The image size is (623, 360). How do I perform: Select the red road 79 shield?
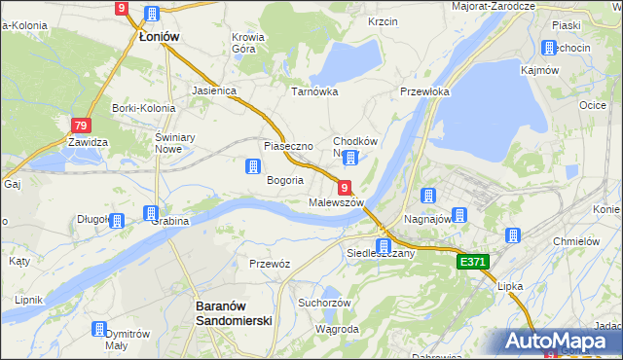[x=82, y=126]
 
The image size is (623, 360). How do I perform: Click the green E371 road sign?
[x=472, y=263]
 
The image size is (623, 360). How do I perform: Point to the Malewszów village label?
[x=336, y=202]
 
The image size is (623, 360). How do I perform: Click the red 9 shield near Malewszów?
[x=345, y=186]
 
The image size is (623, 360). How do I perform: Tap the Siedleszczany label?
[x=381, y=253]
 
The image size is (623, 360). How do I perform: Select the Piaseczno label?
[x=287, y=146]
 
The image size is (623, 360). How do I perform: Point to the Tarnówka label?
[x=314, y=91]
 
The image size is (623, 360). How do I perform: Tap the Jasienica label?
[x=215, y=90]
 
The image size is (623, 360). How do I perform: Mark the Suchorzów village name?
[x=324, y=302]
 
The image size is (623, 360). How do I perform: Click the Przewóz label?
[x=270, y=264]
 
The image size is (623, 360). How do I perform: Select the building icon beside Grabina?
[x=151, y=213]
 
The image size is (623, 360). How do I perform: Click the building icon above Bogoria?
[x=252, y=166]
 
